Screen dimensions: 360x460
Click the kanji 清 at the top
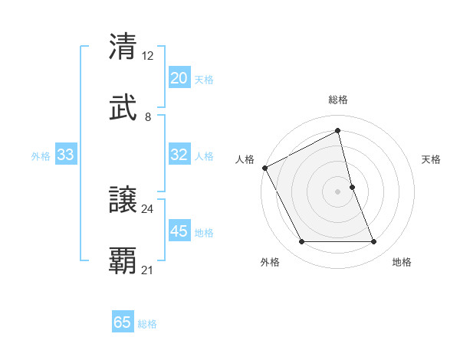[x=123, y=47]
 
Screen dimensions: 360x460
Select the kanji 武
[x=123, y=108]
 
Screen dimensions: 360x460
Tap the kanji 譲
[x=123, y=200]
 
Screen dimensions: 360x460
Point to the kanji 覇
[x=123, y=261]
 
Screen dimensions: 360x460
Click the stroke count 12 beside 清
[x=147, y=56]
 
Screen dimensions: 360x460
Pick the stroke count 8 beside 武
[x=148, y=117]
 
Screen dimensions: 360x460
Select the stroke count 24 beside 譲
[x=147, y=208]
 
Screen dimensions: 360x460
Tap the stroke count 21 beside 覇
[x=147, y=270]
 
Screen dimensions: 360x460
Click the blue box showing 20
[x=179, y=78]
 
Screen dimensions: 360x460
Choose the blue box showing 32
[x=179, y=155]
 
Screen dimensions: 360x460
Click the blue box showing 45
[x=179, y=231]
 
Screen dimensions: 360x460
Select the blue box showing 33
[x=66, y=155]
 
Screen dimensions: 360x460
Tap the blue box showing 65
[x=123, y=322]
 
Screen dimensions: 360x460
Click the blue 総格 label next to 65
[x=147, y=324]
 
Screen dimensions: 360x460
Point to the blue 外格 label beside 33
[x=41, y=156]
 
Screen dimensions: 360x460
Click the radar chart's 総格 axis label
[x=338, y=100]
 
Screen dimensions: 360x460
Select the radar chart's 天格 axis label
[x=432, y=159]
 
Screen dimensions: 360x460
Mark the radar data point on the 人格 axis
[x=264, y=167]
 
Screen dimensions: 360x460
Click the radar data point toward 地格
[x=374, y=242]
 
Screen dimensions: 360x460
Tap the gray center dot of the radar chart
[x=338, y=191]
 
